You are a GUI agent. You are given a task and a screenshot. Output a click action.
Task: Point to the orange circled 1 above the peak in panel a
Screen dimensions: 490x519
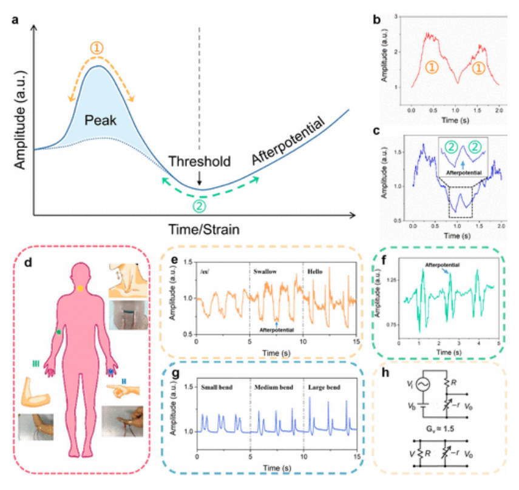(x=98, y=47)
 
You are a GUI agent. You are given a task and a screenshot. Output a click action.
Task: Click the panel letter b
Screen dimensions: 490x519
(x=377, y=20)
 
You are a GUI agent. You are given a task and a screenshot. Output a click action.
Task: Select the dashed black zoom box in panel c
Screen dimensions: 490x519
(x=460, y=201)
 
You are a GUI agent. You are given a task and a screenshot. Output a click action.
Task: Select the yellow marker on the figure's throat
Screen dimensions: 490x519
(x=81, y=288)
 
